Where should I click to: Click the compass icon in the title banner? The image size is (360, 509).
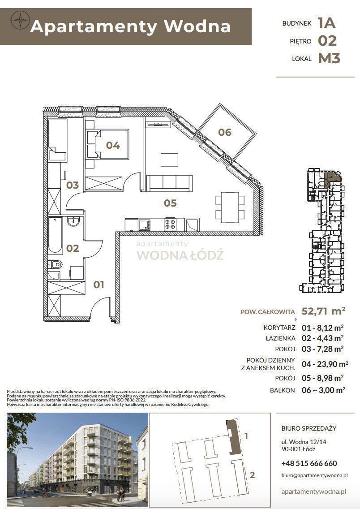click(20, 21)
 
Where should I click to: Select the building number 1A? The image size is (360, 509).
click(326, 22)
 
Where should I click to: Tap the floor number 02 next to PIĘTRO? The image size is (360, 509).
click(327, 40)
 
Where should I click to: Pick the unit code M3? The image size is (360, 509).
click(329, 58)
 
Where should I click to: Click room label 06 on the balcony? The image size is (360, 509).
click(225, 132)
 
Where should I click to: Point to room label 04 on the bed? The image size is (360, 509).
click(113, 145)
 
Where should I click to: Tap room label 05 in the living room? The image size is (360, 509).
click(170, 203)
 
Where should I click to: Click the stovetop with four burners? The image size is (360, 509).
click(170, 224)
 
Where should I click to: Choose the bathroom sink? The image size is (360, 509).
click(73, 221)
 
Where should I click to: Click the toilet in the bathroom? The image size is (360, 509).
click(56, 265)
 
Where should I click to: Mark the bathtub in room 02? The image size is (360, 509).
click(56, 235)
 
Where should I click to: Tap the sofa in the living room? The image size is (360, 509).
click(170, 182)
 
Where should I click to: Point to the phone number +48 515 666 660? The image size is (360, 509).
click(309, 463)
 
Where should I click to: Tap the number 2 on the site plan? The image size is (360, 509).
click(252, 475)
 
